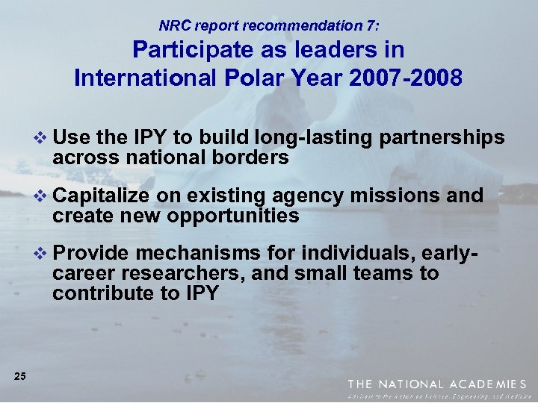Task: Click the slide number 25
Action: (x=20, y=376)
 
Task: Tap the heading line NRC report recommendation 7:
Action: (x=269, y=25)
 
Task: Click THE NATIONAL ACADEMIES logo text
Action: (x=437, y=384)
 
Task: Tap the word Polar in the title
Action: (x=238, y=78)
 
